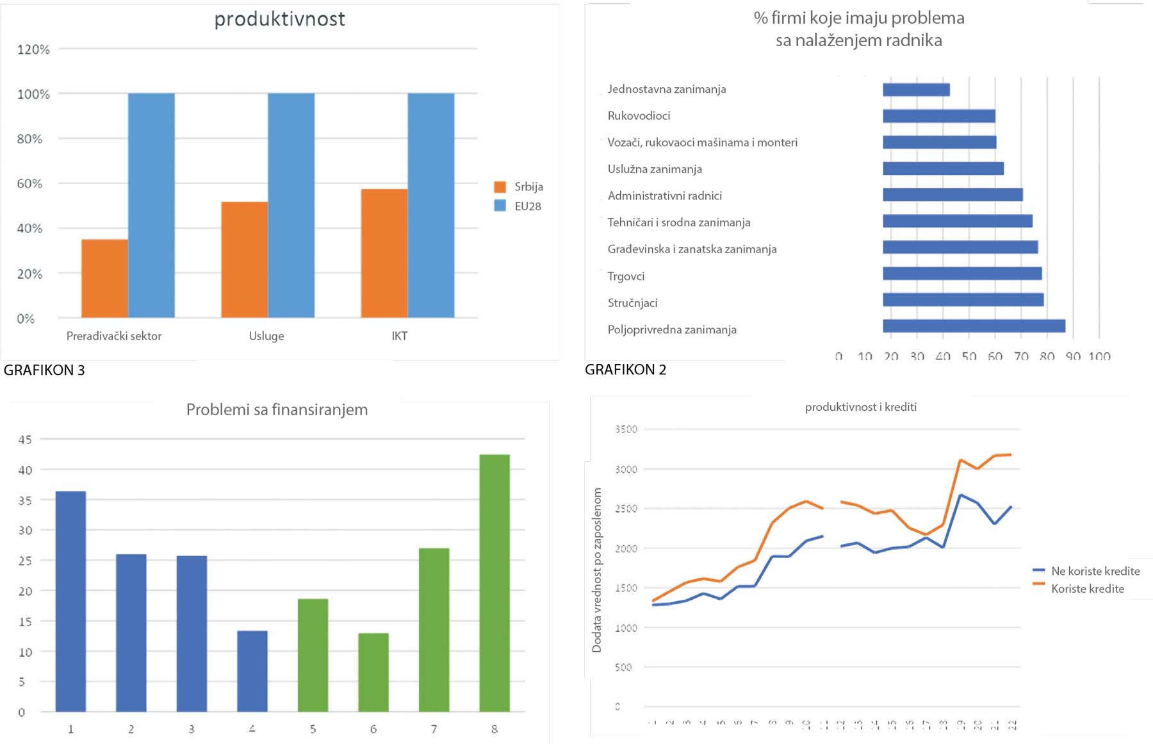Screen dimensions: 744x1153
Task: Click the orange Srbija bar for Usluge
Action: [244, 260]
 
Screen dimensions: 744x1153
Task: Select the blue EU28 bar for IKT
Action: [431, 205]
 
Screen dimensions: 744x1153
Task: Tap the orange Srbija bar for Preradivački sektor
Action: [104, 278]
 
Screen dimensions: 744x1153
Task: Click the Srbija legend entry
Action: [519, 186]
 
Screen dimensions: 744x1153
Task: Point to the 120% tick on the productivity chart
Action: [33, 49]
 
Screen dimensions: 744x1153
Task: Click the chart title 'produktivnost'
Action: [279, 19]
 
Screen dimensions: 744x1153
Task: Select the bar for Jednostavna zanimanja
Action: [916, 90]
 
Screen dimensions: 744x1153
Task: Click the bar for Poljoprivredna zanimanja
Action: [974, 326]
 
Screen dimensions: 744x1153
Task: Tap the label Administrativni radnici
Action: [664, 195]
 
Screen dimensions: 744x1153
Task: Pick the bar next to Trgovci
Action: [962, 274]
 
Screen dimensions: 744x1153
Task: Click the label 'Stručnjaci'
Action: [632, 302]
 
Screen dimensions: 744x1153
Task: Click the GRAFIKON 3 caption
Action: [44, 370]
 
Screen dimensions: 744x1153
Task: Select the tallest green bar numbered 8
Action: [495, 583]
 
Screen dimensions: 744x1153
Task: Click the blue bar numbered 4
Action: [252, 671]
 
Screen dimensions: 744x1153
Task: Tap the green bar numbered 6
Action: [373, 672]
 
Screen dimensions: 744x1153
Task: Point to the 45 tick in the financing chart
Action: [25, 440]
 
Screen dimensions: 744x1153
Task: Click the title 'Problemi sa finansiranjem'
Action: [277, 409]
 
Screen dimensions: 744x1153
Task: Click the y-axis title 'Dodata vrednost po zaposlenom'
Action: [597, 570]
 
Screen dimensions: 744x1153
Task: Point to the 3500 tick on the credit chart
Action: [626, 429]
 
